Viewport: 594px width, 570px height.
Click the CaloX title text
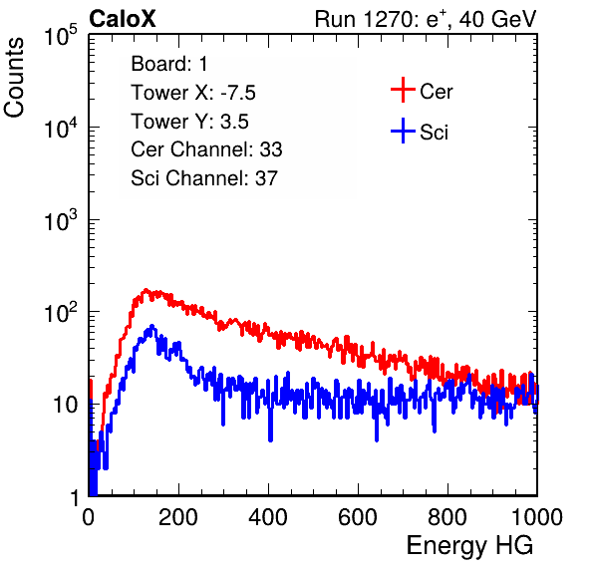point(123,19)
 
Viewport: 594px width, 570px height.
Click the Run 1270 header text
point(426,19)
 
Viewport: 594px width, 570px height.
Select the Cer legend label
point(436,92)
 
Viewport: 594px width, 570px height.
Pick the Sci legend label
point(434,133)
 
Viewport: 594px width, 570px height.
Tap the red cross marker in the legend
point(403,90)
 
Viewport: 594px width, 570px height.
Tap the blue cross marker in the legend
point(403,131)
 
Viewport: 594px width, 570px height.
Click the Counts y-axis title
point(14,78)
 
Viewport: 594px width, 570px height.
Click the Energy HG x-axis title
point(469,546)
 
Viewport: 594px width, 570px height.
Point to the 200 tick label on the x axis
point(178,516)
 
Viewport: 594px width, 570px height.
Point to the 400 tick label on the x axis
point(268,516)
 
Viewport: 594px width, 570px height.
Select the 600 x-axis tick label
point(358,516)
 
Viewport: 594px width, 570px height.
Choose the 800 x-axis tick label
point(447,516)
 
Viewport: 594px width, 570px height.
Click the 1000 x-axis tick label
point(537,516)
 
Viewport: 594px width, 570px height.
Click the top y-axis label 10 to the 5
point(62,35)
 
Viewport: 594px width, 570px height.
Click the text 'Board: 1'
point(169,64)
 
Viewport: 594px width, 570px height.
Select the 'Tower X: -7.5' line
point(193,93)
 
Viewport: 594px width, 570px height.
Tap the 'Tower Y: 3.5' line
point(189,122)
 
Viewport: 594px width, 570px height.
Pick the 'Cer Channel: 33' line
point(206,149)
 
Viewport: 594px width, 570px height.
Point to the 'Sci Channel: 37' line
point(204,178)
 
